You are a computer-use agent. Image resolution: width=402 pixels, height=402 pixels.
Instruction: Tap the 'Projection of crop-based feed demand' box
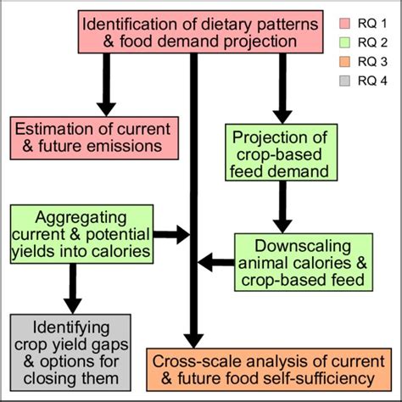coord(282,154)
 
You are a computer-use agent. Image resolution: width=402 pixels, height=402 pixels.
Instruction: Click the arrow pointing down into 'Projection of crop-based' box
coord(282,89)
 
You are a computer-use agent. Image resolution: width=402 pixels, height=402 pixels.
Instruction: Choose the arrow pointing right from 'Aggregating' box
coord(178,232)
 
